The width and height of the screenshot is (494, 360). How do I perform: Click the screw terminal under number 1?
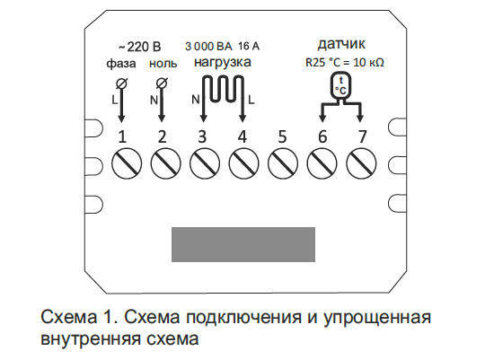tap(127, 163)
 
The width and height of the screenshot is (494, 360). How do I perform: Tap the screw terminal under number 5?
tap(283, 163)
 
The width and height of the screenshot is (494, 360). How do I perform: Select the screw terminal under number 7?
tap(361, 163)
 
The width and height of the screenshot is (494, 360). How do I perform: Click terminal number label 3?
tap(202, 136)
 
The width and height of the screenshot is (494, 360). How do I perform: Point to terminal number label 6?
tap(322, 136)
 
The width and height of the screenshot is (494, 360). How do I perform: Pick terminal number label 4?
tap(242, 136)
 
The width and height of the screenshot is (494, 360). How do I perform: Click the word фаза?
tap(121, 64)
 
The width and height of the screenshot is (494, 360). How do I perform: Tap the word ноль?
tap(163, 64)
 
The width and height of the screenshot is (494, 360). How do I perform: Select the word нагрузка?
tap(223, 62)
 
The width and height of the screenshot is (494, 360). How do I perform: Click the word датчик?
tap(341, 44)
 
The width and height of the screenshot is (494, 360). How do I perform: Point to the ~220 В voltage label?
tap(139, 47)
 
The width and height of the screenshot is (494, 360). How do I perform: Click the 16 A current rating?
tap(249, 47)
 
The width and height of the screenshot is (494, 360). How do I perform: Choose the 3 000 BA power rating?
tap(208, 47)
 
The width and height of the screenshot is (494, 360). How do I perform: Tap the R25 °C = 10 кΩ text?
tap(344, 62)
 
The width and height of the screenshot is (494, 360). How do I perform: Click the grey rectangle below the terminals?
tap(243, 244)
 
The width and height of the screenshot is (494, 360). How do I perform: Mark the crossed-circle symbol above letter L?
tap(121, 83)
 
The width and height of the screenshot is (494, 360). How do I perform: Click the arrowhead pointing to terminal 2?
tap(162, 119)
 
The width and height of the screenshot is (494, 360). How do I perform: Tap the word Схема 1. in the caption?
tap(80, 317)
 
